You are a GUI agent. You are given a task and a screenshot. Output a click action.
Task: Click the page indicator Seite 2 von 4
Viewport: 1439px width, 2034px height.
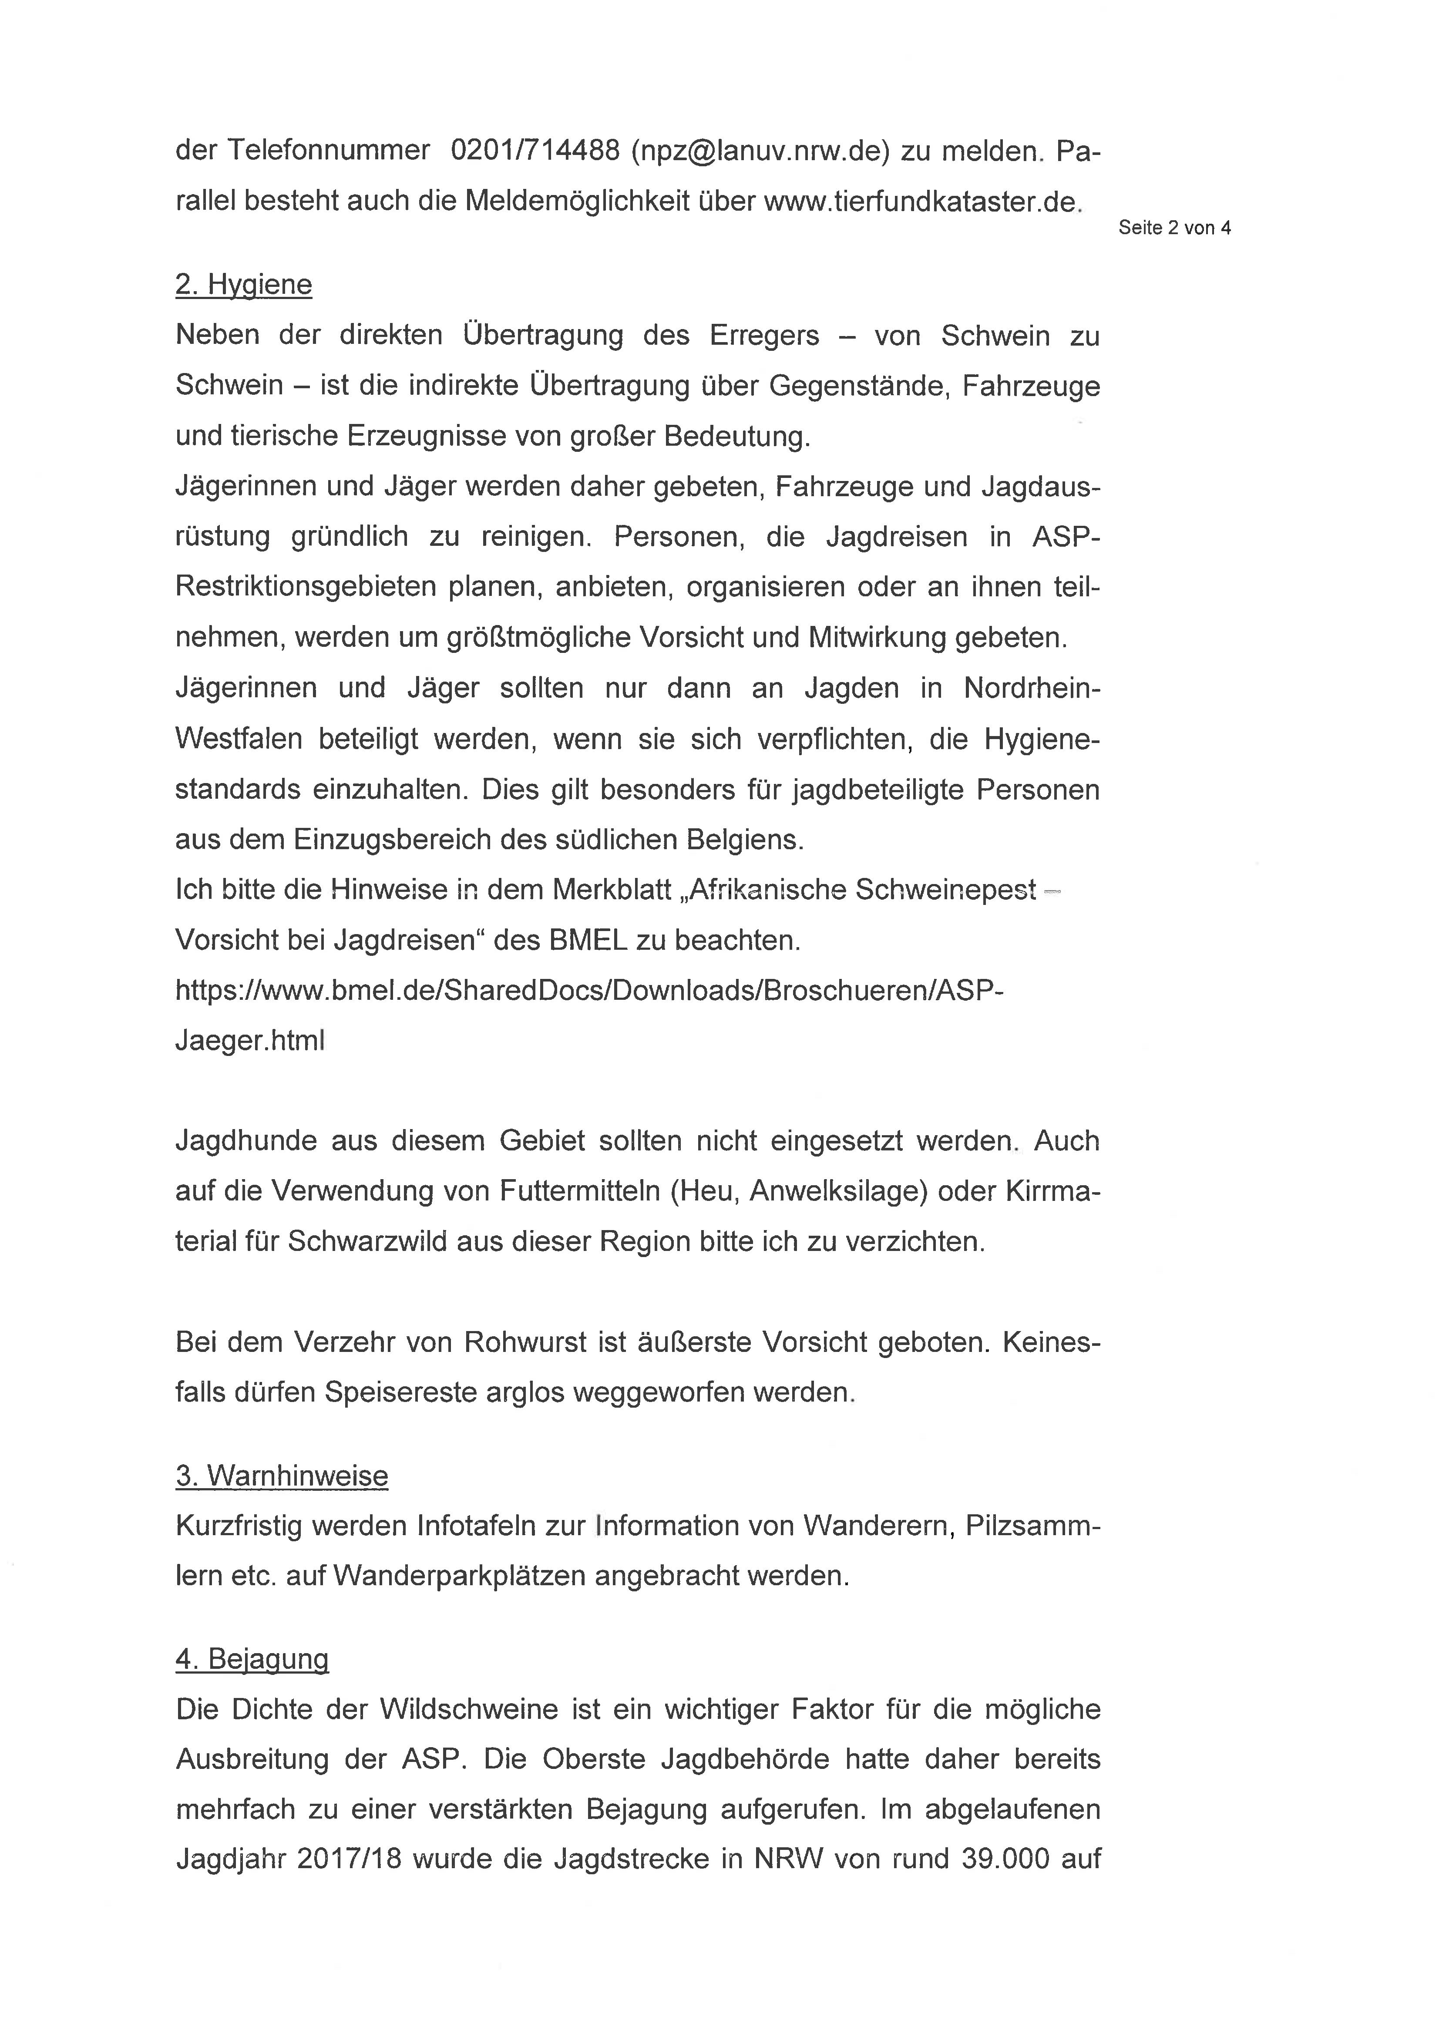(x=1174, y=228)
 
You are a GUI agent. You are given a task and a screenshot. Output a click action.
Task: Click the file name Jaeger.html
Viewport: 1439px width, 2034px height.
(x=250, y=1040)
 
